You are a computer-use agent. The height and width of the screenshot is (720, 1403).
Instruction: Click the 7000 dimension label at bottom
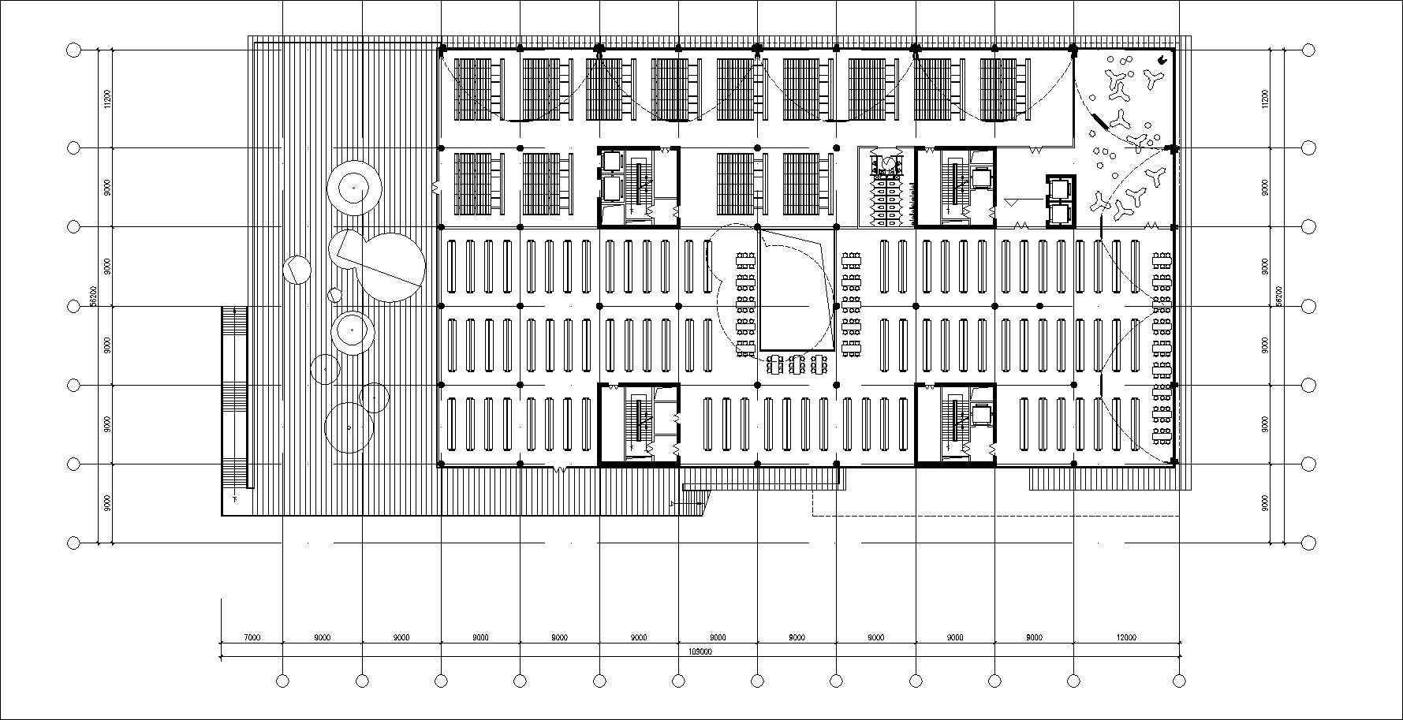click(x=252, y=637)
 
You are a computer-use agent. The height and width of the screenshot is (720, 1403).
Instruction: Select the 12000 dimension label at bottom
click(x=1126, y=637)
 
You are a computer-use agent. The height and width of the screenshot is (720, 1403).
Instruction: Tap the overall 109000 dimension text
click(x=700, y=652)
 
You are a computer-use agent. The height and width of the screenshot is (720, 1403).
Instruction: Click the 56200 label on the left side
click(x=93, y=296)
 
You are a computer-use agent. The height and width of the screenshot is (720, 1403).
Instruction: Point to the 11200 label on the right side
click(x=1264, y=99)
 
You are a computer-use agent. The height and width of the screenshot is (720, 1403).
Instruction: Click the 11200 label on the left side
click(x=106, y=99)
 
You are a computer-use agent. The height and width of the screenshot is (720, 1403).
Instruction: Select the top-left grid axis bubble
click(x=73, y=50)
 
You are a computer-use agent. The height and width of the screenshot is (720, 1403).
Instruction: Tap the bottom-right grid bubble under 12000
click(x=1180, y=681)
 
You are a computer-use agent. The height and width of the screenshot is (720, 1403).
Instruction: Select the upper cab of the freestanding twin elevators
click(x=1059, y=188)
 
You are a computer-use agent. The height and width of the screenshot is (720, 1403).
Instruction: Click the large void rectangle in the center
click(x=797, y=289)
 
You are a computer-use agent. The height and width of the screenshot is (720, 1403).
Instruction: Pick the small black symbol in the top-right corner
click(x=1162, y=59)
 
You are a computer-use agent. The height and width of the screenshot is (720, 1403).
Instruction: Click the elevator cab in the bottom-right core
click(x=981, y=413)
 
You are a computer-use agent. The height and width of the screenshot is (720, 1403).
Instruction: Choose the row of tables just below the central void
click(x=797, y=364)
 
